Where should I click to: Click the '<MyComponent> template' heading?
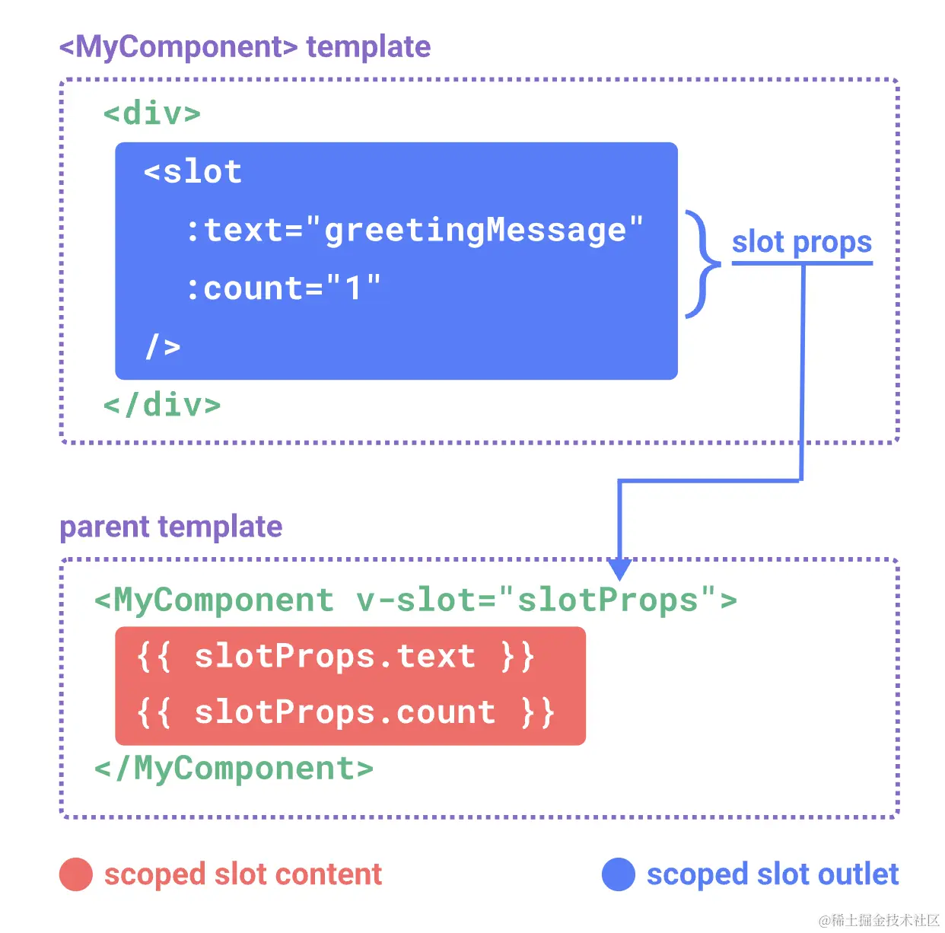point(245,46)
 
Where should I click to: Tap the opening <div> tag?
point(152,113)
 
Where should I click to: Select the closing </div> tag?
point(162,405)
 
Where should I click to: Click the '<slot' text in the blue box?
point(193,172)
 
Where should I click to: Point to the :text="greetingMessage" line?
point(415,230)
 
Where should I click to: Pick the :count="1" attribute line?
point(283,288)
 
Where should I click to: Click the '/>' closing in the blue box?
point(163,347)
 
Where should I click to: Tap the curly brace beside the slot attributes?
point(702,264)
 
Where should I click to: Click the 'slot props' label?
point(801,242)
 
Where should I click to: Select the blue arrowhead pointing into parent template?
point(620,568)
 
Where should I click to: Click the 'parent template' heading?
point(171,527)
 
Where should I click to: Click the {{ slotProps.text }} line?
point(336,656)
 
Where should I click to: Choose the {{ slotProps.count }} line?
point(345,712)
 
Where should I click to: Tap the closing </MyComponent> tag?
point(234,769)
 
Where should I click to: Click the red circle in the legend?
point(76,874)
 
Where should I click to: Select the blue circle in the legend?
point(619,874)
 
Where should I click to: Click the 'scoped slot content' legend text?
point(243,874)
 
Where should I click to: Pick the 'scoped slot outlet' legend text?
point(772,874)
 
